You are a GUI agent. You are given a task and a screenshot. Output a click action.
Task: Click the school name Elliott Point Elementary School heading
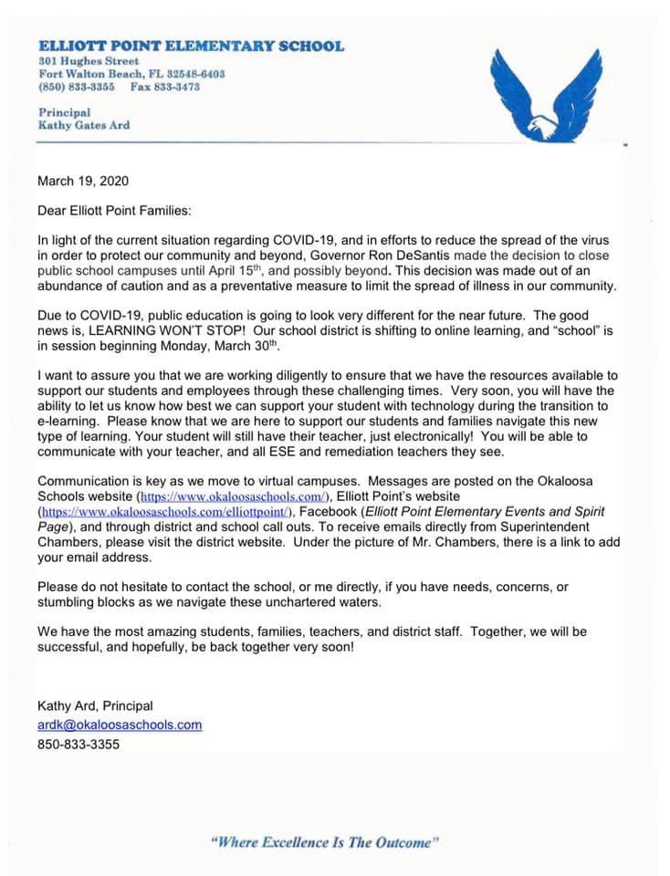click(192, 46)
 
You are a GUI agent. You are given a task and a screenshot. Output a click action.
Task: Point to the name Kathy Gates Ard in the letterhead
click(84, 125)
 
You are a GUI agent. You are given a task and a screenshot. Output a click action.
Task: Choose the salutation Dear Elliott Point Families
click(115, 211)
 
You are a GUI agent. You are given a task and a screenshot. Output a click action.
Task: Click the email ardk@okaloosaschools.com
click(120, 725)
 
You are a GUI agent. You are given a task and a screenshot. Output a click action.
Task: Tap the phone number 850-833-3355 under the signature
click(79, 744)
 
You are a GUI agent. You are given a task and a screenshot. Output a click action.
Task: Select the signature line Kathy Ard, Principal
click(95, 705)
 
